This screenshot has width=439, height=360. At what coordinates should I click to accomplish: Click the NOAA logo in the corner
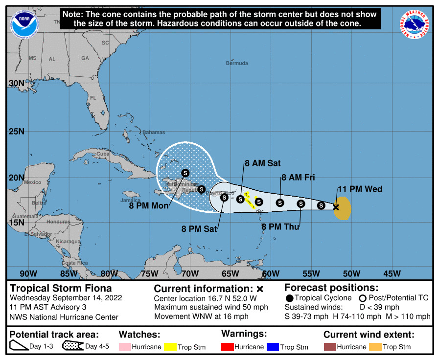(x=26, y=22)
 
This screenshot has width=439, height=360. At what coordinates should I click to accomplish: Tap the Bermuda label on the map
(x=237, y=63)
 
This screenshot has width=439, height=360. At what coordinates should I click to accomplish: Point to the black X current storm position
(x=336, y=207)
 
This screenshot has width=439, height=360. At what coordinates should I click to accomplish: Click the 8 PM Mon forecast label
(x=149, y=206)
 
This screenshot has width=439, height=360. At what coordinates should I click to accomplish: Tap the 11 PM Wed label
(x=360, y=189)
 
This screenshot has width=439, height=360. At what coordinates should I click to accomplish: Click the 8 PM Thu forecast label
(x=280, y=226)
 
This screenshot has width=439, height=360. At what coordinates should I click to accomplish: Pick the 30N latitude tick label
(x=16, y=83)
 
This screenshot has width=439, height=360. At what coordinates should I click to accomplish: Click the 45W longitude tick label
(x=392, y=273)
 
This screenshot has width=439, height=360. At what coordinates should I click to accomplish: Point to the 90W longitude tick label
(x=28, y=273)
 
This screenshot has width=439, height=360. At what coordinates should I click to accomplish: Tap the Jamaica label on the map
(x=130, y=200)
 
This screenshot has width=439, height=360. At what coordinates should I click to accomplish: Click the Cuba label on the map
(x=102, y=154)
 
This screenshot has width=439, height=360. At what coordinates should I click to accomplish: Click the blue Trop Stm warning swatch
(x=272, y=347)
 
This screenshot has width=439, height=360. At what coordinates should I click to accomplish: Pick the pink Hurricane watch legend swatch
(x=124, y=347)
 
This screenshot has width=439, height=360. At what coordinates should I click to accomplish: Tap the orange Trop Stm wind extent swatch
(x=374, y=347)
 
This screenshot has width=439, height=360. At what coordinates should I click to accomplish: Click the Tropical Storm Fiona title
(x=61, y=288)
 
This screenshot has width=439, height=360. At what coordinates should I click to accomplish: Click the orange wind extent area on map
(x=344, y=207)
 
